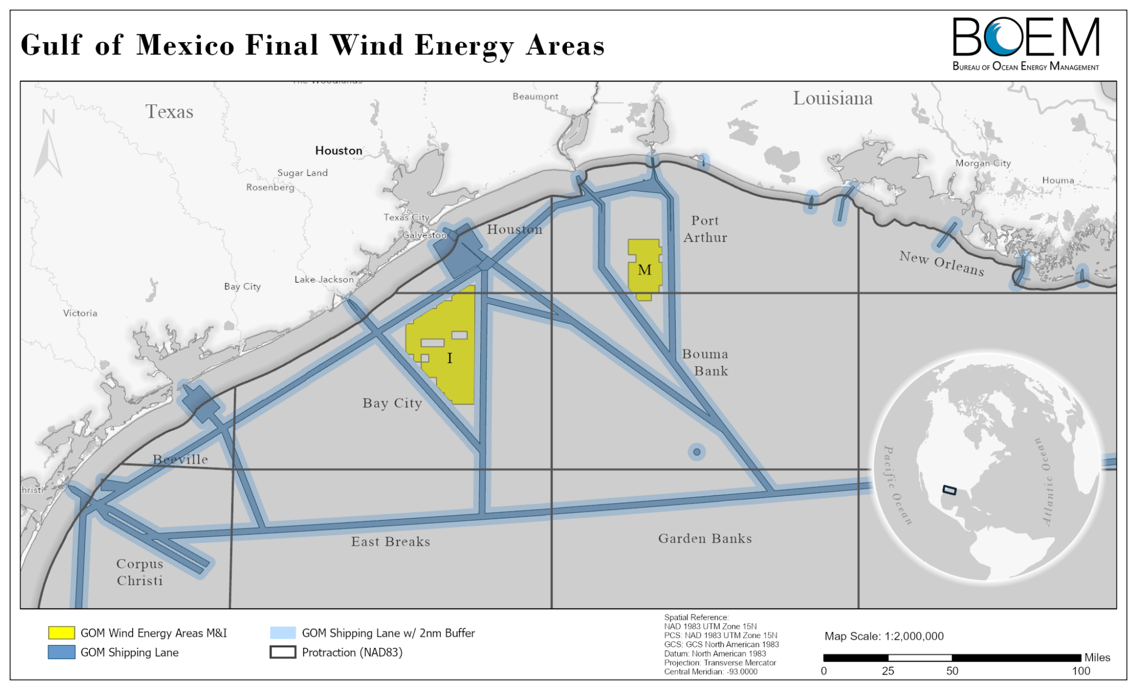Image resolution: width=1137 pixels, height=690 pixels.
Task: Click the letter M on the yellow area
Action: [644, 270]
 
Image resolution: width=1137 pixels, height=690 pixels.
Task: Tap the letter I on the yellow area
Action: [449, 358]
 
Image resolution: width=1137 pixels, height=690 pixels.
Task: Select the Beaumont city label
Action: [535, 97]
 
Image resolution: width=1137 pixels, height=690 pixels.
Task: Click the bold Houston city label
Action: [339, 150]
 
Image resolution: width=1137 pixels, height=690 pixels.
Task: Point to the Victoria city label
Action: [80, 313]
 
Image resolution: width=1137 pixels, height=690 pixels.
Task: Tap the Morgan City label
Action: [983, 163]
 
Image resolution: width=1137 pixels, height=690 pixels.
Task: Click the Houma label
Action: [1058, 180]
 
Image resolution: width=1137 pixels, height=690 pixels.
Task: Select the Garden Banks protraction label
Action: [705, 538]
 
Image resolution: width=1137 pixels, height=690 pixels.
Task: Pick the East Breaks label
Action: [390, 542]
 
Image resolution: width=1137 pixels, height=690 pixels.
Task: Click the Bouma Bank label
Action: [705, 362]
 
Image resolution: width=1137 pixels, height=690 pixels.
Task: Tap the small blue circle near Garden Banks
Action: [697, 452]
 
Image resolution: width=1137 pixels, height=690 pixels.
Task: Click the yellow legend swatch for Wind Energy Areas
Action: [61, 633]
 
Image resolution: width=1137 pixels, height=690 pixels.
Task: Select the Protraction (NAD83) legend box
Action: [282, 652]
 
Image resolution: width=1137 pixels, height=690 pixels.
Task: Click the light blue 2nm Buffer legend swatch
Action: [282, 633]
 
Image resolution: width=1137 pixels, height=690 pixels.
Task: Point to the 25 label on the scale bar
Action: [888, 671]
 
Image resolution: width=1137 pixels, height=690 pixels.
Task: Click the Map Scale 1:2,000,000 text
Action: [884, 636]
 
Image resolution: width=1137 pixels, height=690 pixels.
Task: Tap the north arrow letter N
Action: [48, 117]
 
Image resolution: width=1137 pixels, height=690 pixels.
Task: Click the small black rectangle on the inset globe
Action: [949, 490]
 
